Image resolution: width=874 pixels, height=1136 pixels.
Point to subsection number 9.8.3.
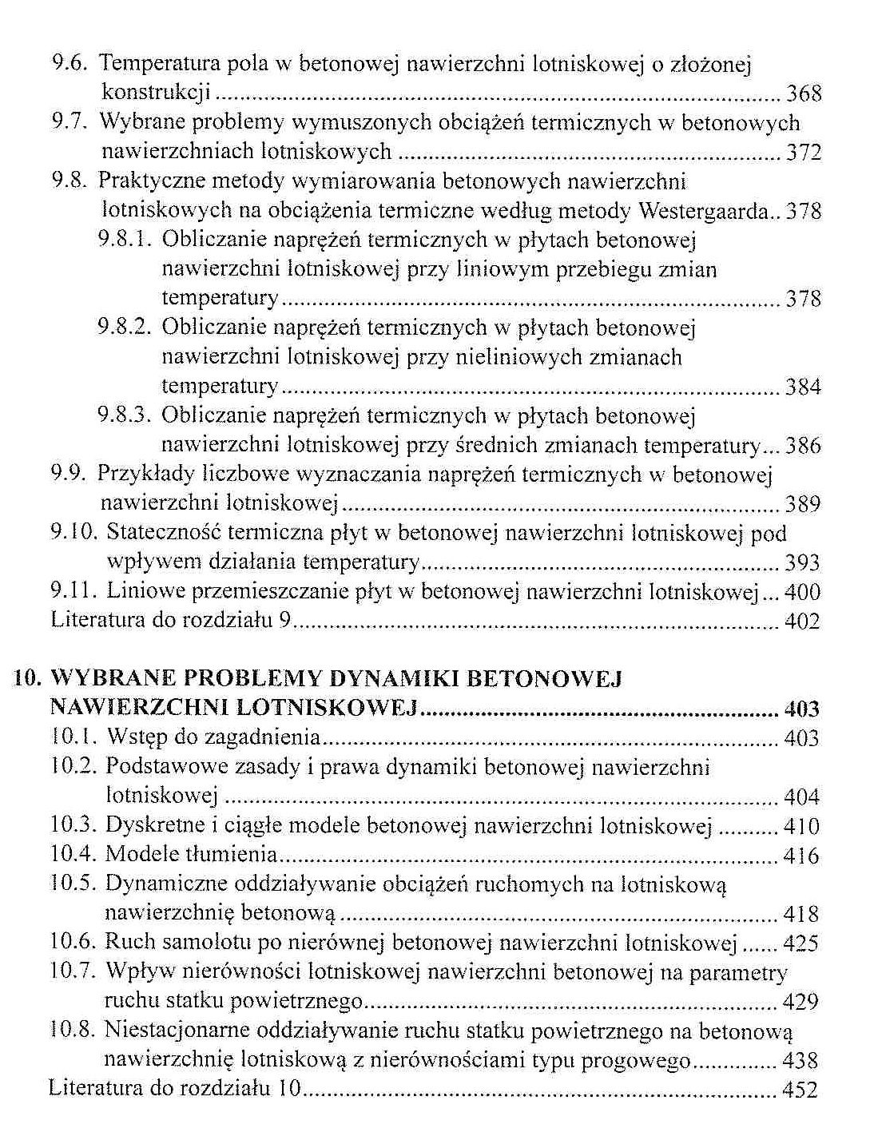pos(124,415)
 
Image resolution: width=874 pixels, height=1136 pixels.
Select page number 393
pos(802,563)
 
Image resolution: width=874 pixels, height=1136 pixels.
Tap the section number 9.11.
pos(72,591)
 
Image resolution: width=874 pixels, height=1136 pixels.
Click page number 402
pos(802,622)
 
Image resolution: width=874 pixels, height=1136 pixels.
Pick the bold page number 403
pos(802,709)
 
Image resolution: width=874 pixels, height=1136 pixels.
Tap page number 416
pos(801,856)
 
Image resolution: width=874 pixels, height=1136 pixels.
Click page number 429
pos(801,1002)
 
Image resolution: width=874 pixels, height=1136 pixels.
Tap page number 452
pos(801,1090)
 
